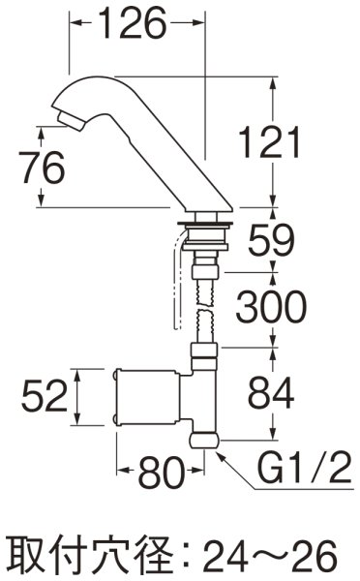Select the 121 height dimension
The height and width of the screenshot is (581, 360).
pyautogui.click(x=268, y=145)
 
